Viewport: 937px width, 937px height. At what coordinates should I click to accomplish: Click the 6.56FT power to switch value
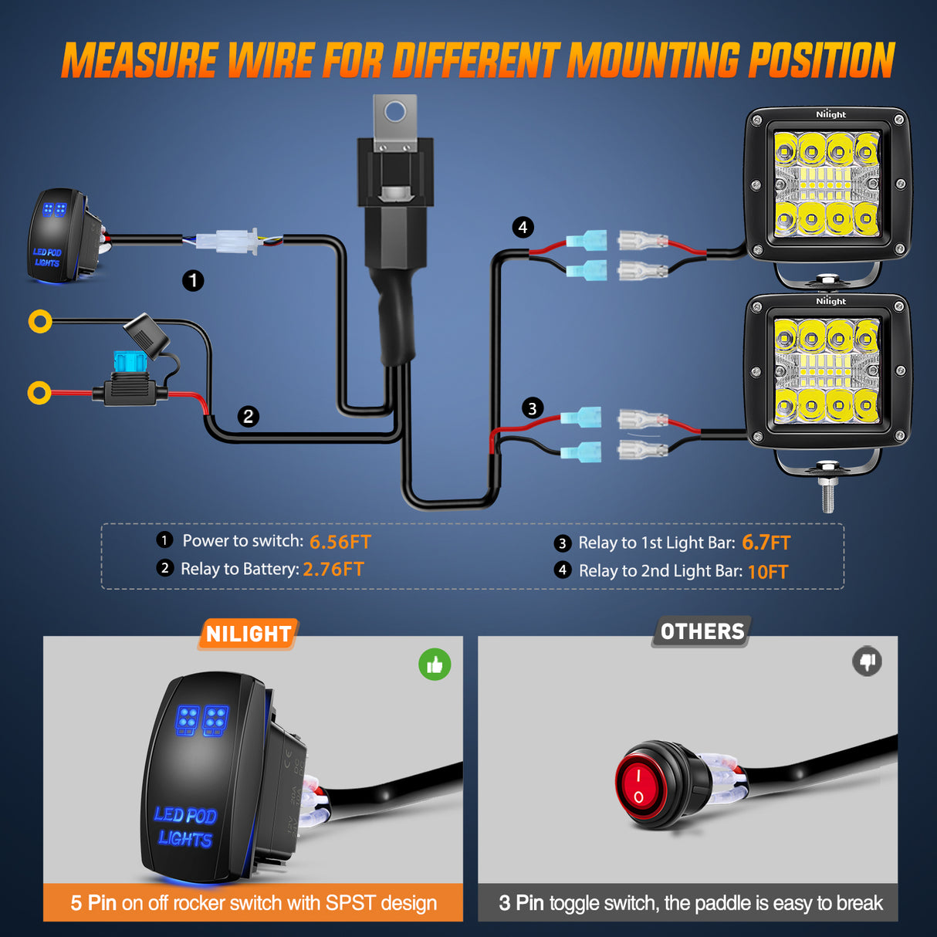point(340,542)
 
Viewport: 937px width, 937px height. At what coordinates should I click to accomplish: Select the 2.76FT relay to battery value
point(333,570)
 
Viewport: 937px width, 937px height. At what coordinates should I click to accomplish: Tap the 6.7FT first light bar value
point(766,543)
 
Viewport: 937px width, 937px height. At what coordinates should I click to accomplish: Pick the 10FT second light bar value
point(767,572)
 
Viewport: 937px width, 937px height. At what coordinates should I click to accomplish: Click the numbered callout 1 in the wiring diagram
point(193,280)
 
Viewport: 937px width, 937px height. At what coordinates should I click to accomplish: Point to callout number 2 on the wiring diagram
point(248,417)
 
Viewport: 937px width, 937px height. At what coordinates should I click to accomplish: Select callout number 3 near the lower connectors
point(532,408)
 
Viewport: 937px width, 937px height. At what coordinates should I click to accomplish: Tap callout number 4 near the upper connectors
point(523,228)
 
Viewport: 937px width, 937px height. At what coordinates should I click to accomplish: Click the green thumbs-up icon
point(435,665)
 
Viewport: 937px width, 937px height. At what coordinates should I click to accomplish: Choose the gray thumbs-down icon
point(868,661)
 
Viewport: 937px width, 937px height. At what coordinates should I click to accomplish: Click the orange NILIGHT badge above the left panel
point(249,634)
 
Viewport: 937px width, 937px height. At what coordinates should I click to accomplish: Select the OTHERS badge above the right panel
point(702,631)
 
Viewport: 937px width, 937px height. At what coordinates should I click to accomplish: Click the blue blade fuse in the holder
point(130,360)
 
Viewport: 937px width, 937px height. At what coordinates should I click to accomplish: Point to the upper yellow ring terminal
point(40,321)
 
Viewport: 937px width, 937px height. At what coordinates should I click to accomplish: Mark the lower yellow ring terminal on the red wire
point(39,393)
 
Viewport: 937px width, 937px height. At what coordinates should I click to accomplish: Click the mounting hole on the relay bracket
point(395,113)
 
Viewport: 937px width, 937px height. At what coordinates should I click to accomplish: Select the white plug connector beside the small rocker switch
point(226,242)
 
